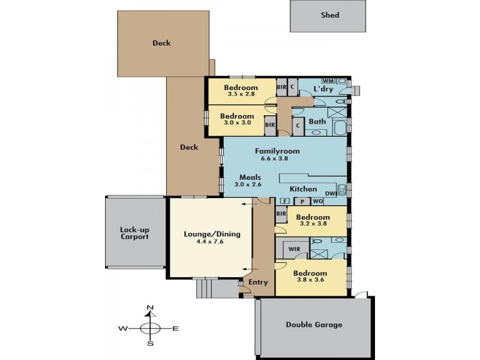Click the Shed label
pyautogui.click(x=329, y=15)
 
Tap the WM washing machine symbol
pyautogui.click(x=328, y=81)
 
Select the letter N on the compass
pyautogui.click(x=150, y=308)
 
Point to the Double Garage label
pyautogui.click(x=314, y=325)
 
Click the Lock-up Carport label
pyautogui.click(x=134, y=233)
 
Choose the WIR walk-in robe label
pyautogui.click(x=294, y=249)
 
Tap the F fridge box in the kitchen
pyautogui.click(x=286, y=201)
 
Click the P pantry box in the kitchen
pyautogui.click(x=302, y=202)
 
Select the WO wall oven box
pyautogui.click(x=318, y=202)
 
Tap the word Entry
pyautogui.click(x=258, y=282)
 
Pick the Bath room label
pyautogui.click(x=317, y=122)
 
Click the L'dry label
pyautogui.click(x=323, y=89)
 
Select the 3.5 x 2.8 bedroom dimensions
pyautogui.click(x=241, y=94)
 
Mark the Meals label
pyautogui.click(x=250, y=177)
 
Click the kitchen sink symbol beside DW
pyautogui.click(x=341, y=190)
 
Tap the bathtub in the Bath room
pyautogui.click(x=340, y=128)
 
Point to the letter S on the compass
pyautogui.click(x=151, y=343)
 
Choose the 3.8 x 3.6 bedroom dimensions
pyautogui.click(x=310, y=280)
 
